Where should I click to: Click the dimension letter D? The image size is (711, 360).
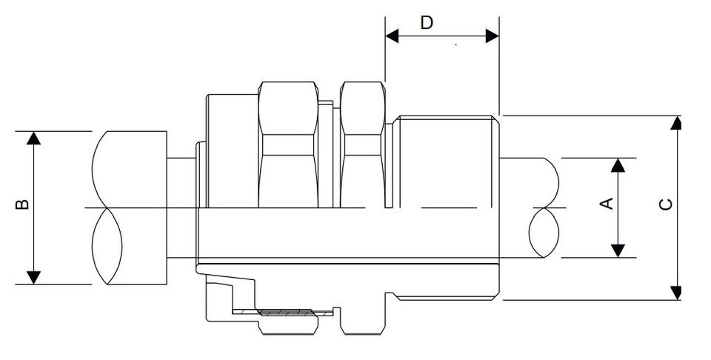tap(427, 22)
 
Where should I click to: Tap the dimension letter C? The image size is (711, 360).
tap(666, 203)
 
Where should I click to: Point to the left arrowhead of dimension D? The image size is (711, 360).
tap(392, 36)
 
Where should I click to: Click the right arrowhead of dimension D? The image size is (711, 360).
tap(492, 36)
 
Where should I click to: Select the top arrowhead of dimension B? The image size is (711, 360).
tap(33, 138)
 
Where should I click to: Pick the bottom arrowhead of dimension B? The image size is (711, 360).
tap(33, 278)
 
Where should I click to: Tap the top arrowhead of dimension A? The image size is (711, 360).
tap(618, 164)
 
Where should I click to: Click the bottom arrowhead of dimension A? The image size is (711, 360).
tap(618, 251)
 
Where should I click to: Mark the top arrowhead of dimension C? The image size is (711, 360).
tap(675, 122)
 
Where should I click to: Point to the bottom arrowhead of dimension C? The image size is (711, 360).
tap(675, 293)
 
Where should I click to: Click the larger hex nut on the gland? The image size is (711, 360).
tap(288, 144)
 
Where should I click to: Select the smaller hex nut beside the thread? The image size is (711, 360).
tap(363, 144)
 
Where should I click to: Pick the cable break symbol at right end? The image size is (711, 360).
tap(547, 207)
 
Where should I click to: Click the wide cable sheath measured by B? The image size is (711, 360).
tap(130, 207)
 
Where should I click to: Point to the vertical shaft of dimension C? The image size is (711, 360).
tap(675, 207)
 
